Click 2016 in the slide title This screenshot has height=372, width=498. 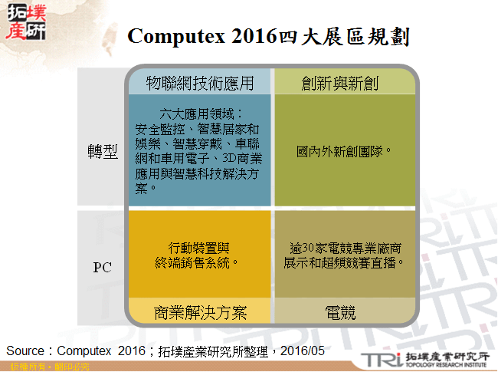pos(252,37)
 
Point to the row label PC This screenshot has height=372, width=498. pos(102,268)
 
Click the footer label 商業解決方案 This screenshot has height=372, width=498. pos(199,312)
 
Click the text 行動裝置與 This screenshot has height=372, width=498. pos(199,248)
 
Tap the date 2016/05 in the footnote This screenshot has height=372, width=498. pos(303,351)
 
